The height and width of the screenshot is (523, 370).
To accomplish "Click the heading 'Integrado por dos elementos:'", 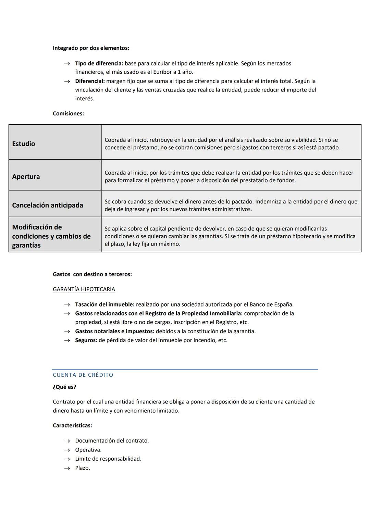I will coord(91,48).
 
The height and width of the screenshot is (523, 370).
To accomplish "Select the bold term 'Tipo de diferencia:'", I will coord(99,63).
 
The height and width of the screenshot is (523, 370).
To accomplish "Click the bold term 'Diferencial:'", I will coord(90,81).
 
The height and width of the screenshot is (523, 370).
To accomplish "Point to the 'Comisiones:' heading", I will coord(68,113).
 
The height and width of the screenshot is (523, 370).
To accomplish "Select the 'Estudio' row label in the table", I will coord(24,144).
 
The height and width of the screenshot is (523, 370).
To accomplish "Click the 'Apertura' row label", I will coord(26,176).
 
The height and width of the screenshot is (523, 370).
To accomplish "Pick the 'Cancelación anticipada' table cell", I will coord(48,205).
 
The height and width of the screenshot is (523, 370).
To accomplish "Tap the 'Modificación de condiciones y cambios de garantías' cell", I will coord(51,236).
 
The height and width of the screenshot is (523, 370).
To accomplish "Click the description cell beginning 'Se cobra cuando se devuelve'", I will coord(231,205).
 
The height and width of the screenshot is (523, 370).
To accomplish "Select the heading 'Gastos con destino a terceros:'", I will coord(92,274).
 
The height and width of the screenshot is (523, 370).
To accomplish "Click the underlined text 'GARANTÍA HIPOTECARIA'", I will coord(84,289).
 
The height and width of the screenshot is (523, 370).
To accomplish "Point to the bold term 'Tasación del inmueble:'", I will coord(105,304).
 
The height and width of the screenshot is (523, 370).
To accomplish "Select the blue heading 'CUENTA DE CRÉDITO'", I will coord(83,375).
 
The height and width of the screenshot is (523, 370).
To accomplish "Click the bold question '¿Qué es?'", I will coord(64,387).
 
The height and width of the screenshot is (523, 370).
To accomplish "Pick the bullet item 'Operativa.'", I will coord(88,450).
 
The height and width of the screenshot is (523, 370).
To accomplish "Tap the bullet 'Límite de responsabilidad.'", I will coord(108,459).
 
